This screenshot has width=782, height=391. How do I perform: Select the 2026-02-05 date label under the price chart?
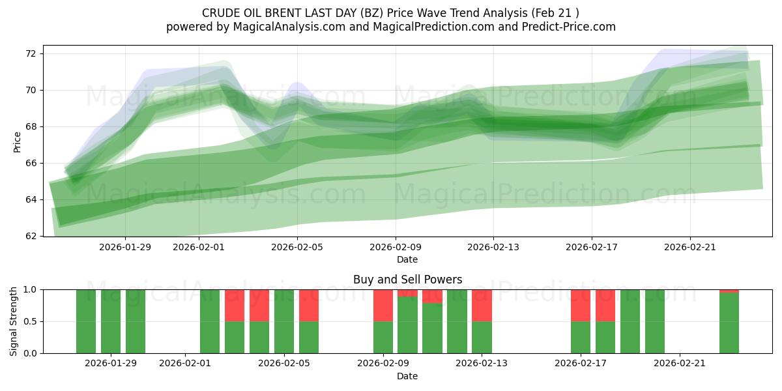tap(297, 247)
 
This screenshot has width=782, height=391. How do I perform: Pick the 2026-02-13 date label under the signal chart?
tap(482, 364)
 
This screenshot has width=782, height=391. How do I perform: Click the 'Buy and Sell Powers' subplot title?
tap(407, 280)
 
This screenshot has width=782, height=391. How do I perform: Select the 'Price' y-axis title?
tap(17, 141)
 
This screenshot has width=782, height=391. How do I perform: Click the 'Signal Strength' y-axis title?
tap(14, 321)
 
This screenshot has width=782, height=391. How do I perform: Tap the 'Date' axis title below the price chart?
tap(407, 259)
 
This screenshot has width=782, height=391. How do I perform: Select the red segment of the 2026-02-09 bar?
tap(383, 305)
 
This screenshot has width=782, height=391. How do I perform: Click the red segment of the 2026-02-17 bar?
tap(581, 305)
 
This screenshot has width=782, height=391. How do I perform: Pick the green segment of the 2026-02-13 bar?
tap(482, 338)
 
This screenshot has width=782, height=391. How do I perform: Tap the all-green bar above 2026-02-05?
tap(284, 321)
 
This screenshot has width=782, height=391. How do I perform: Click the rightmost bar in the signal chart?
tap(729, 323)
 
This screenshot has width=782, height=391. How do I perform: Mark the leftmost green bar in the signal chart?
tap(86, 321)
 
